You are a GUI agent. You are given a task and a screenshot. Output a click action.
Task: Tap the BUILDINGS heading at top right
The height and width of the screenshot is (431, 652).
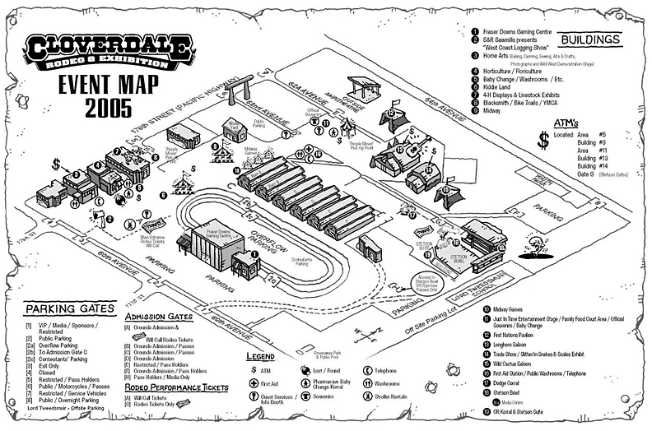point(591,39)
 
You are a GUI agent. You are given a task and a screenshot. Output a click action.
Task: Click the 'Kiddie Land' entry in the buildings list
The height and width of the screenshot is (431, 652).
point(501,87)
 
